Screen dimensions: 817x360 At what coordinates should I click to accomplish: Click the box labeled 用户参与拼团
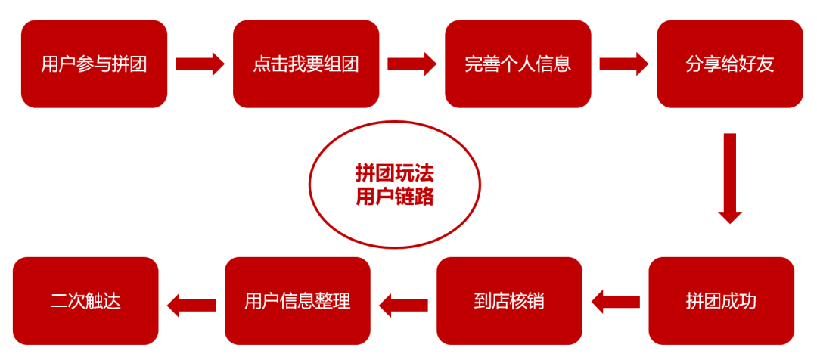coord(94,64)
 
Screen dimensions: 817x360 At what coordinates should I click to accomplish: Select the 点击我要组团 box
coord(306,64)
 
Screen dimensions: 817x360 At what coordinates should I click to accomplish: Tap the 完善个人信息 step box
coord(518,64)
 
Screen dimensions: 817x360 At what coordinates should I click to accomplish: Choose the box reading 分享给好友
coord(730,64)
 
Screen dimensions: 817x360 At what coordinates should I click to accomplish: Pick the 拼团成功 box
coord(722,300)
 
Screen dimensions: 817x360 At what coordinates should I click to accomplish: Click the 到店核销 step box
coord(510,300)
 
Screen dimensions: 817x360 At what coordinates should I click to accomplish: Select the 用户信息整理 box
coord(297,300)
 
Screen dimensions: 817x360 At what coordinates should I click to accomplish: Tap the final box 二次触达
coord(85,300)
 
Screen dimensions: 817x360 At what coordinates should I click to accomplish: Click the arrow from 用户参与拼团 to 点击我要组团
coord(200,64)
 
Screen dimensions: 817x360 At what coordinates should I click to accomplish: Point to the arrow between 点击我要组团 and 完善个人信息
coord(412,64)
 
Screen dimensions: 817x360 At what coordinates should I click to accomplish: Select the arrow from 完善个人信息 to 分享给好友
coord(624,64)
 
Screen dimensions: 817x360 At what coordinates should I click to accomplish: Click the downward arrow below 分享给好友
coord(730,178)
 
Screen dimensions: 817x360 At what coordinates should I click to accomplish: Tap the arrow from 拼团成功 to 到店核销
coord(616,302)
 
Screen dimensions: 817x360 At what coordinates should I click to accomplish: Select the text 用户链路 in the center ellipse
coord(395,197)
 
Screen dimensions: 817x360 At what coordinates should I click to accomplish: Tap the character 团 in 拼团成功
coord(713,302)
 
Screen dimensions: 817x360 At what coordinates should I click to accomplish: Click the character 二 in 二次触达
coord(59,302)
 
